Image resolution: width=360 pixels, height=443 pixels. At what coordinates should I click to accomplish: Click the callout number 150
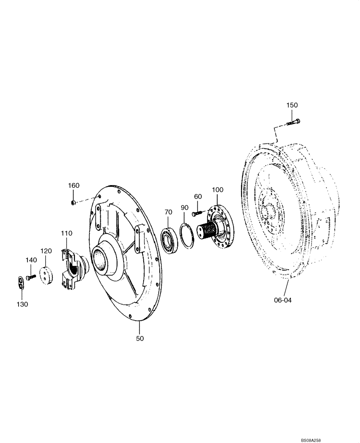coord(292,105)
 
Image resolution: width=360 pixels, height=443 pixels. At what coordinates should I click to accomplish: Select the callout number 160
coord(74,186)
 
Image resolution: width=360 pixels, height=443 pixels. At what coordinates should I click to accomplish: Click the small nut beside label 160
coord(74,202)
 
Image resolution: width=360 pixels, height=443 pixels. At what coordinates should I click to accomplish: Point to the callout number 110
coord(67,233)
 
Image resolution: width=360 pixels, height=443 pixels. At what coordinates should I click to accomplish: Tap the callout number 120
coord(47,251)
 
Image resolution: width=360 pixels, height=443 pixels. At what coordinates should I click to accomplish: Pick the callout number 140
coord(31,260)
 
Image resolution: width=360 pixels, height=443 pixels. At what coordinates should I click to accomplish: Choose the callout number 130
coord(22,304)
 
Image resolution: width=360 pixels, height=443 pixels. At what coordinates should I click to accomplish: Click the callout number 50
coord(140,339)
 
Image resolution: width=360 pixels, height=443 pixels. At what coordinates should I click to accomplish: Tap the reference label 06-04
coord(283,300)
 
